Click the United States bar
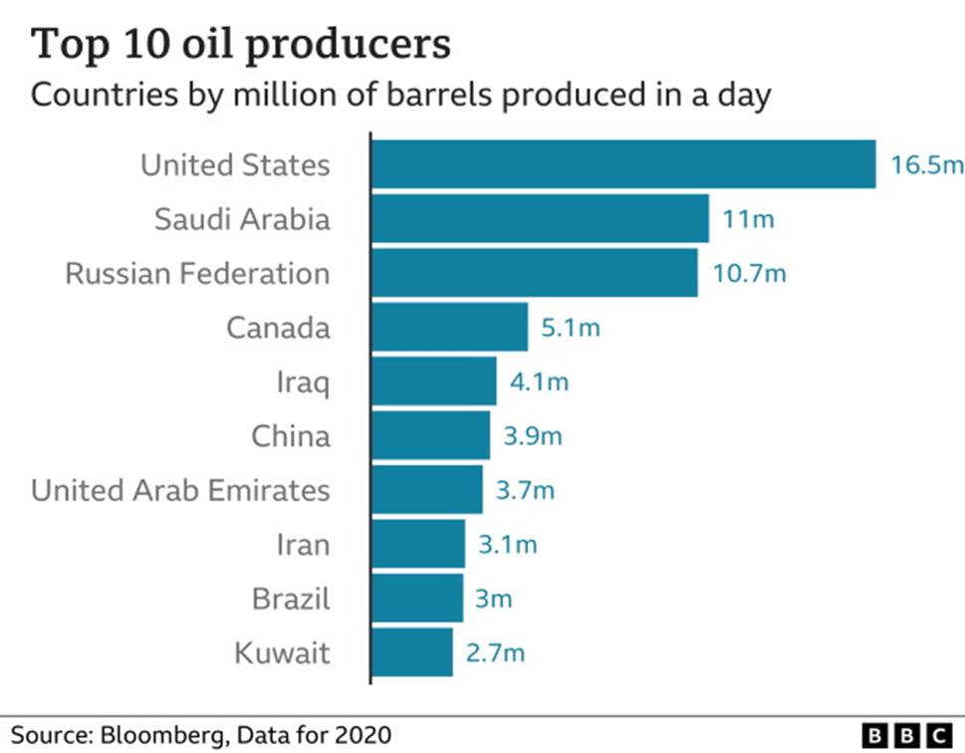(623, 164)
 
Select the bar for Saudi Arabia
(540, 219)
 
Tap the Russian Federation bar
(535, 273)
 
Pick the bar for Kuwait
(412, 652)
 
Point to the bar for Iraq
(434, 381)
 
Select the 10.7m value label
(747, 274)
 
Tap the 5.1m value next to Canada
(571, 328)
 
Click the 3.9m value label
(532, 436)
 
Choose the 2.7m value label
(495, 653)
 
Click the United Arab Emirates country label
(180, 490)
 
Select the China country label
(290, 436)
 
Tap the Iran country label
(303, 545)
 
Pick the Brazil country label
(291, 599)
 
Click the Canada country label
(278, 328)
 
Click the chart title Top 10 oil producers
(241, 46)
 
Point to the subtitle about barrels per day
(401, 97)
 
